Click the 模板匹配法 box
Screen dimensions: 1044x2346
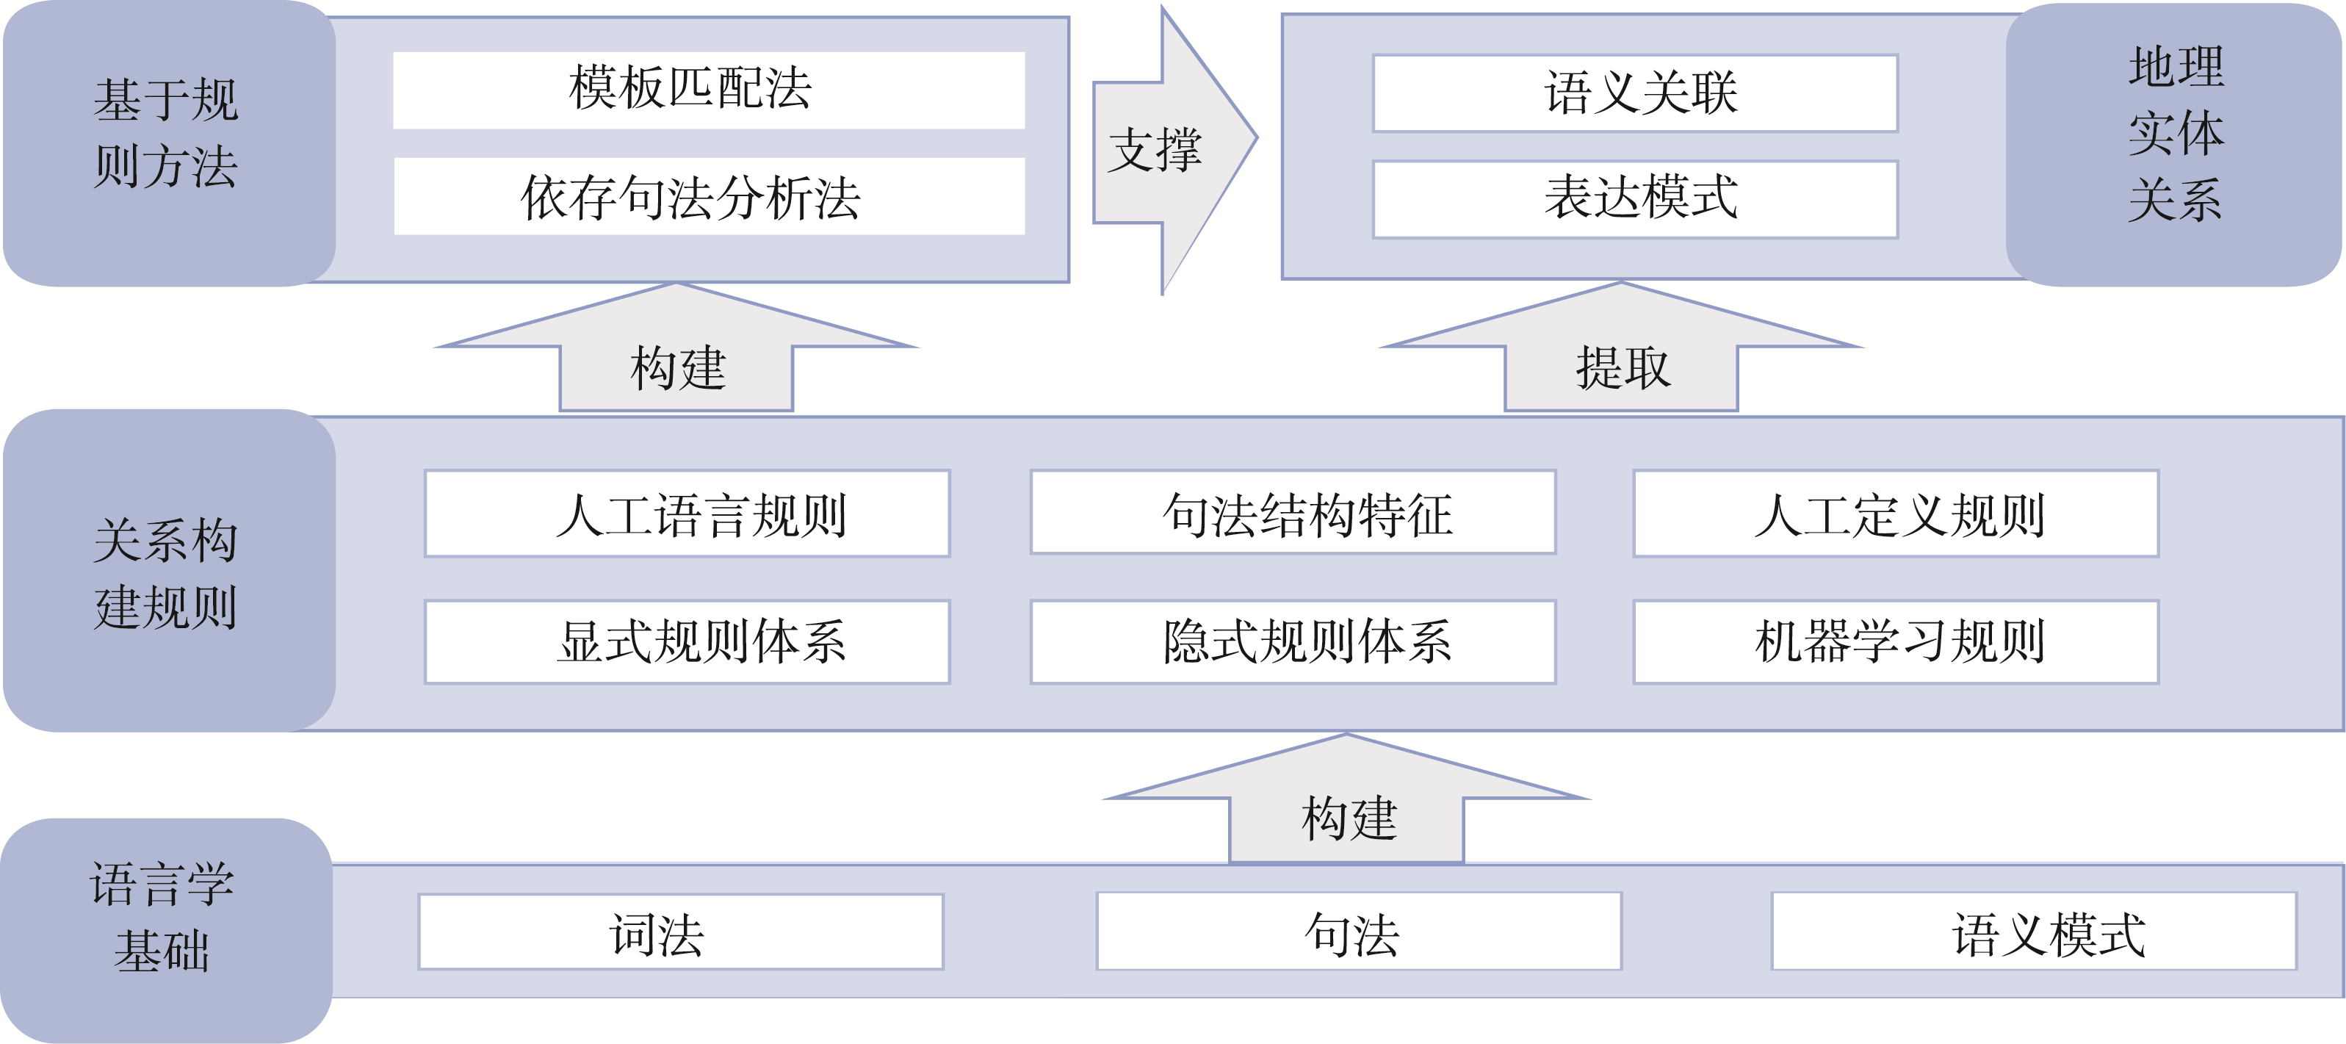click(x=709, y=90)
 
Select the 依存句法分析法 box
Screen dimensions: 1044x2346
click(x=709, y=197)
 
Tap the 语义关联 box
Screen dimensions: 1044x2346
click(x=1635, y=93)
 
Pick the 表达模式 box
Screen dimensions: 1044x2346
click(x=1635, y=198)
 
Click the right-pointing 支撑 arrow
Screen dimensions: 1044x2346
click(x=1166, y=151)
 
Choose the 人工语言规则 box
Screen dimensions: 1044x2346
click(x=687, y=513)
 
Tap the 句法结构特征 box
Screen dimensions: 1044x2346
click(x=1293, y=512)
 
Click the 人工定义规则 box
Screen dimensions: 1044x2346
click(x=1896, y=513)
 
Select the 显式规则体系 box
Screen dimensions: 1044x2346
click(x=687, y=641)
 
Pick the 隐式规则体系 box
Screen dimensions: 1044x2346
click(x=1293, y=641)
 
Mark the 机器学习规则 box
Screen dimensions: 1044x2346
click(x=1896, y=641)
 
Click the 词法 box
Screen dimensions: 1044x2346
click(x=681, y=932)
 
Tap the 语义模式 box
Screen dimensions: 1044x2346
click(x=2034, y=932)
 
